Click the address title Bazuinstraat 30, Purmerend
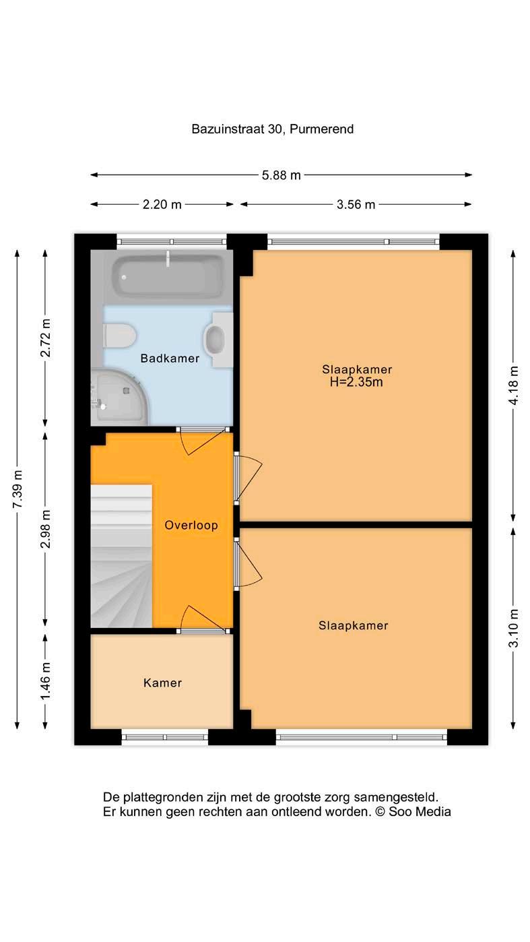tap(272, 129)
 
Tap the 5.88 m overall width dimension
tap(281, 175)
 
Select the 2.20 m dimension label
tap(162, 204)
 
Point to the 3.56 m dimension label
tap(356, 204)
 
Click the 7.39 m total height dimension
tap(18, 489)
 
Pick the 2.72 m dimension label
tap(45, 338)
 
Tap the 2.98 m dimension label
tap(45, 529)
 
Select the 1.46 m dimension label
tap(45, 681)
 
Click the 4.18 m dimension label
tap(513, 385)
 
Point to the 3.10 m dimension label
tap(513, 628)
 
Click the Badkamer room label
tap(170, 358)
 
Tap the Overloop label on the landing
tap(191, 526)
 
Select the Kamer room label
tap(163, 683)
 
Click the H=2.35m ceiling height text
tap(356, 382)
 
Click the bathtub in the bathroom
tap(167, 276)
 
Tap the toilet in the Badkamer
tap(119, 336)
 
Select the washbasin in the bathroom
tap(218, 340)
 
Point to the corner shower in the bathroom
tap(120, 397)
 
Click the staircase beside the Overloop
tap(121, 556)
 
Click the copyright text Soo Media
tap(420, 812)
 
